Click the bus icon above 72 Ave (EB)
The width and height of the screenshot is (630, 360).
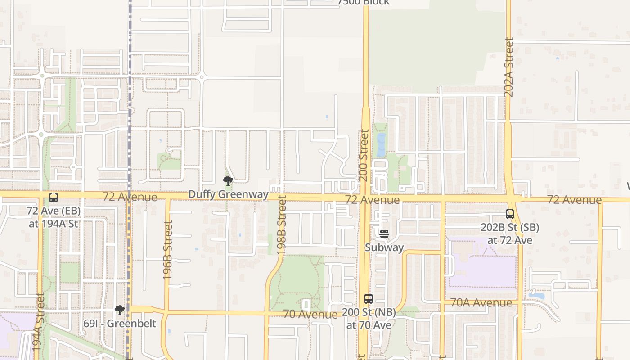coord(54,197)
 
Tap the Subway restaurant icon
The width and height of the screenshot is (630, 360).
coord(384,234)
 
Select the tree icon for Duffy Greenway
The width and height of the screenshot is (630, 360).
coord(228,181)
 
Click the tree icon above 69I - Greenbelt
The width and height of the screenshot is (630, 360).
coord(120,310)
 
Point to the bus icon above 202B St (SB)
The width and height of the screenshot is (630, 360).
coord(510,214)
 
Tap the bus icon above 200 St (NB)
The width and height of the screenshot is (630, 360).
coord(369,298)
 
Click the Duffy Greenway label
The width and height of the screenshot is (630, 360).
coord(228,194)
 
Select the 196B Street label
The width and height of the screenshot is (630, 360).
coord(168,250)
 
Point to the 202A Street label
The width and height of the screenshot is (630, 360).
coord(508,67)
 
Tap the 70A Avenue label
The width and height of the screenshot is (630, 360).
coord(481,302)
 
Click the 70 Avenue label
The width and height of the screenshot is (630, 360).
coord(310,314)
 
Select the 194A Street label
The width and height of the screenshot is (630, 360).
coord(39,322)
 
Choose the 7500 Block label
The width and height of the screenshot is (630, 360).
coord(363,3)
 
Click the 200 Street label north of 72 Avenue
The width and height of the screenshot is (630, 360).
coord(364,155)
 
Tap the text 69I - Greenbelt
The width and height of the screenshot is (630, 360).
coord(120,324)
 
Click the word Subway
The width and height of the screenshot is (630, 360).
coord(384,247)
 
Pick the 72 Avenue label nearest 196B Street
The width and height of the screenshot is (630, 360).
coord(130,197)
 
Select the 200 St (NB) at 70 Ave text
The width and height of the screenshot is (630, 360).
coord(369,318)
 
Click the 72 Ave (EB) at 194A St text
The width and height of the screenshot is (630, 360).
coord(54,217)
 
